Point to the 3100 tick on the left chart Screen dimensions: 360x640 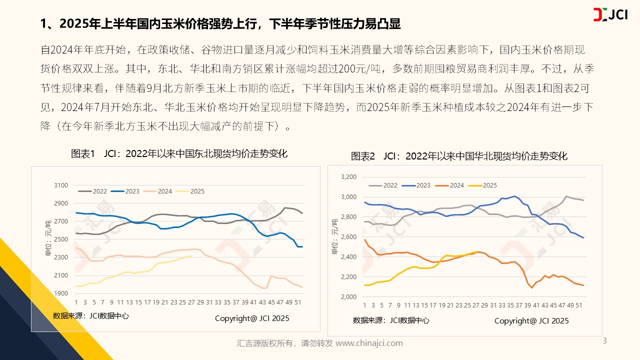(60, 185)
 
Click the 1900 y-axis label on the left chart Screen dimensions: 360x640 (60, 293)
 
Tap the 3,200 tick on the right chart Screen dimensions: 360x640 (348, 177)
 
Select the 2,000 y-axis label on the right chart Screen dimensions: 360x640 (348, 297)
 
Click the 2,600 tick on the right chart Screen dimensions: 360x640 (348, 237)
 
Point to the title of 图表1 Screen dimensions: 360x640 (179, 153)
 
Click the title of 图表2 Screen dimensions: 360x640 (459, 156)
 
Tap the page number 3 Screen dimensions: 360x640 (605, 341)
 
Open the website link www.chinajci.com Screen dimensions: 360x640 (369, 343)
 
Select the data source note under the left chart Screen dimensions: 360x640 (90, 316)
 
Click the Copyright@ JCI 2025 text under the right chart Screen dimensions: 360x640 (531, 320)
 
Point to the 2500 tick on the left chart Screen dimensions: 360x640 (60, 239)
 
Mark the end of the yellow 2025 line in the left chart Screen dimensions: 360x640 (192, 256)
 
